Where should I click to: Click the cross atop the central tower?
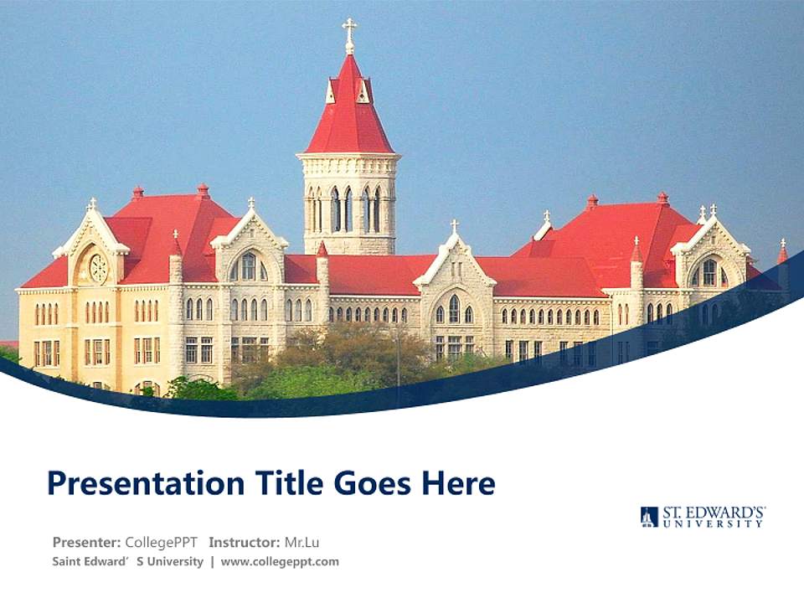(x=349, y=33)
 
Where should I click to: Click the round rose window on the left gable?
(x=98, y=268)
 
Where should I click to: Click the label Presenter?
(x=87, y=542)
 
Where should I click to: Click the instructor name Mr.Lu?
(x=301, y=542)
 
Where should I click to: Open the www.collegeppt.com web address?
(x=280, y=562)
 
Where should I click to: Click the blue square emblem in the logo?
(x=649, y=517)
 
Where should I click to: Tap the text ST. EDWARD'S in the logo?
(x=714, y=511)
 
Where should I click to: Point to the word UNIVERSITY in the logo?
(x=714, y=523)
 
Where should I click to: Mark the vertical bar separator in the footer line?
(x=212, y=562)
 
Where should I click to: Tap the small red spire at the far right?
(x=782, y=251)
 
